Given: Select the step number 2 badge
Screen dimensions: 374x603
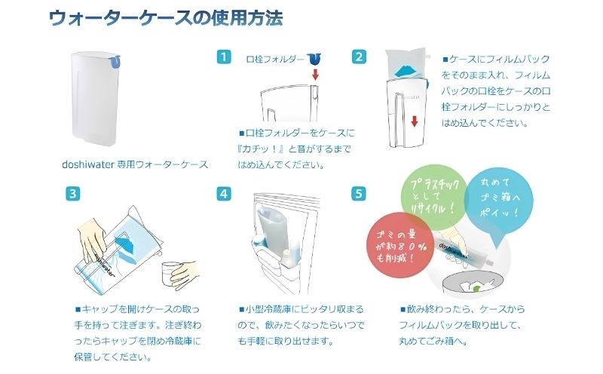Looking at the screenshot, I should pos(360,57).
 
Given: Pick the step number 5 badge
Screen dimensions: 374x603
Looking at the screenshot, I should pos(360,193).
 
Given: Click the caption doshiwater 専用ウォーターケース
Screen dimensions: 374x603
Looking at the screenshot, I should pos(135,164).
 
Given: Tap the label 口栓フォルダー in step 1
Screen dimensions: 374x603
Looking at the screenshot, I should pos(275,58).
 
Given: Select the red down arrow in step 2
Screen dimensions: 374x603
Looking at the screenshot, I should pos(415,122).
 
